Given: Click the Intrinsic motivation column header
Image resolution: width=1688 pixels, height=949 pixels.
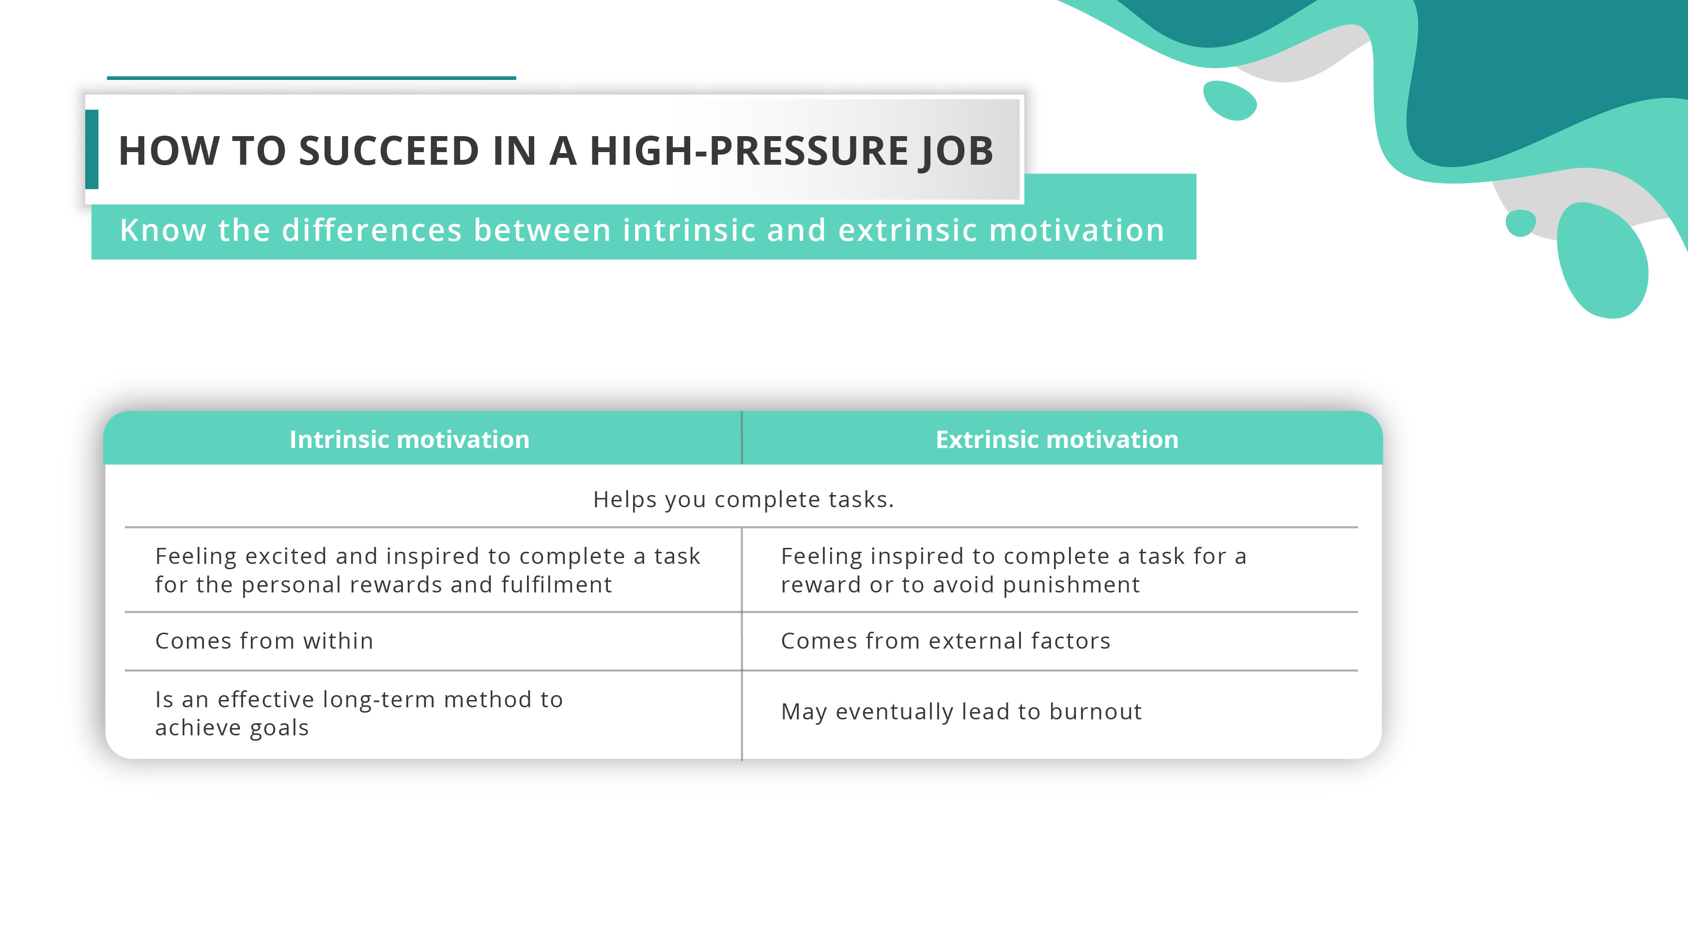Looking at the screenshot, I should click(410, 440).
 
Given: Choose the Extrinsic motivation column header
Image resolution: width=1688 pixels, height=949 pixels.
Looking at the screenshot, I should click(1057, 440).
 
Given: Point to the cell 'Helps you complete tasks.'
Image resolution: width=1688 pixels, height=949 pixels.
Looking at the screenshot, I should click(743, 499).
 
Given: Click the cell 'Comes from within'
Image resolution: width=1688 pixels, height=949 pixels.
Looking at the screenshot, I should click(264, 641).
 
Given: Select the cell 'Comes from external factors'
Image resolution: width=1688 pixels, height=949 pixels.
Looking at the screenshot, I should click(945, 641).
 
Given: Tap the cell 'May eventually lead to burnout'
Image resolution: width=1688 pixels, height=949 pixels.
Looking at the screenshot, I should click(961, 712).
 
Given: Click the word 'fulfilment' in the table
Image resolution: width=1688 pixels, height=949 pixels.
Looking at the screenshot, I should click(557, 585).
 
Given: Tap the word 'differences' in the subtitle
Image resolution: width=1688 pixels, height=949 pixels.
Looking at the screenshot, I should click(372, 230).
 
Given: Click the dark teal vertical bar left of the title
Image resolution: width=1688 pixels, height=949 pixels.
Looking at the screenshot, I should click(92, 149).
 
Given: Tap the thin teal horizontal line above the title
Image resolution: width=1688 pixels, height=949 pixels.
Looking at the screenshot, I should click(311, 78).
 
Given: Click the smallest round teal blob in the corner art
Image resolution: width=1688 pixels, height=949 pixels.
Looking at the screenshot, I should click(1520, 223).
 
